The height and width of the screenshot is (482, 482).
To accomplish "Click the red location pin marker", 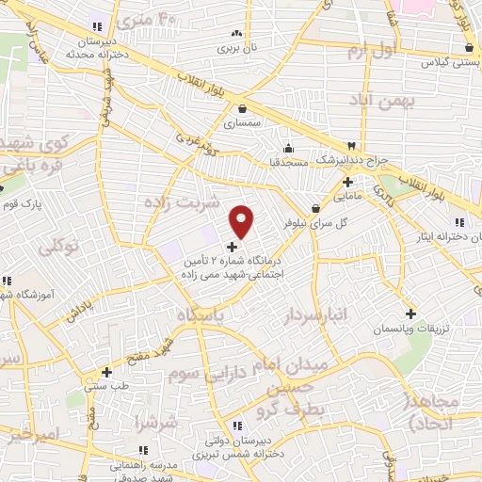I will (242, 221).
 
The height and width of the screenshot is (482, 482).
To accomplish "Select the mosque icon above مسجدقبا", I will (289, 147).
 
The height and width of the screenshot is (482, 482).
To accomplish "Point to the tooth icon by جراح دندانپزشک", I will (352, 146).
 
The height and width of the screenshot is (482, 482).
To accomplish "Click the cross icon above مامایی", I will (347, 182).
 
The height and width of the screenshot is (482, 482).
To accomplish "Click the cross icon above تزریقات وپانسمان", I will (410, 313).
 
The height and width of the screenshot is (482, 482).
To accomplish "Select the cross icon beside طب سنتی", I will (106, 371).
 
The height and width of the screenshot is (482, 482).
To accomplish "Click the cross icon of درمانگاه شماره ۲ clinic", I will (233, 247).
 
